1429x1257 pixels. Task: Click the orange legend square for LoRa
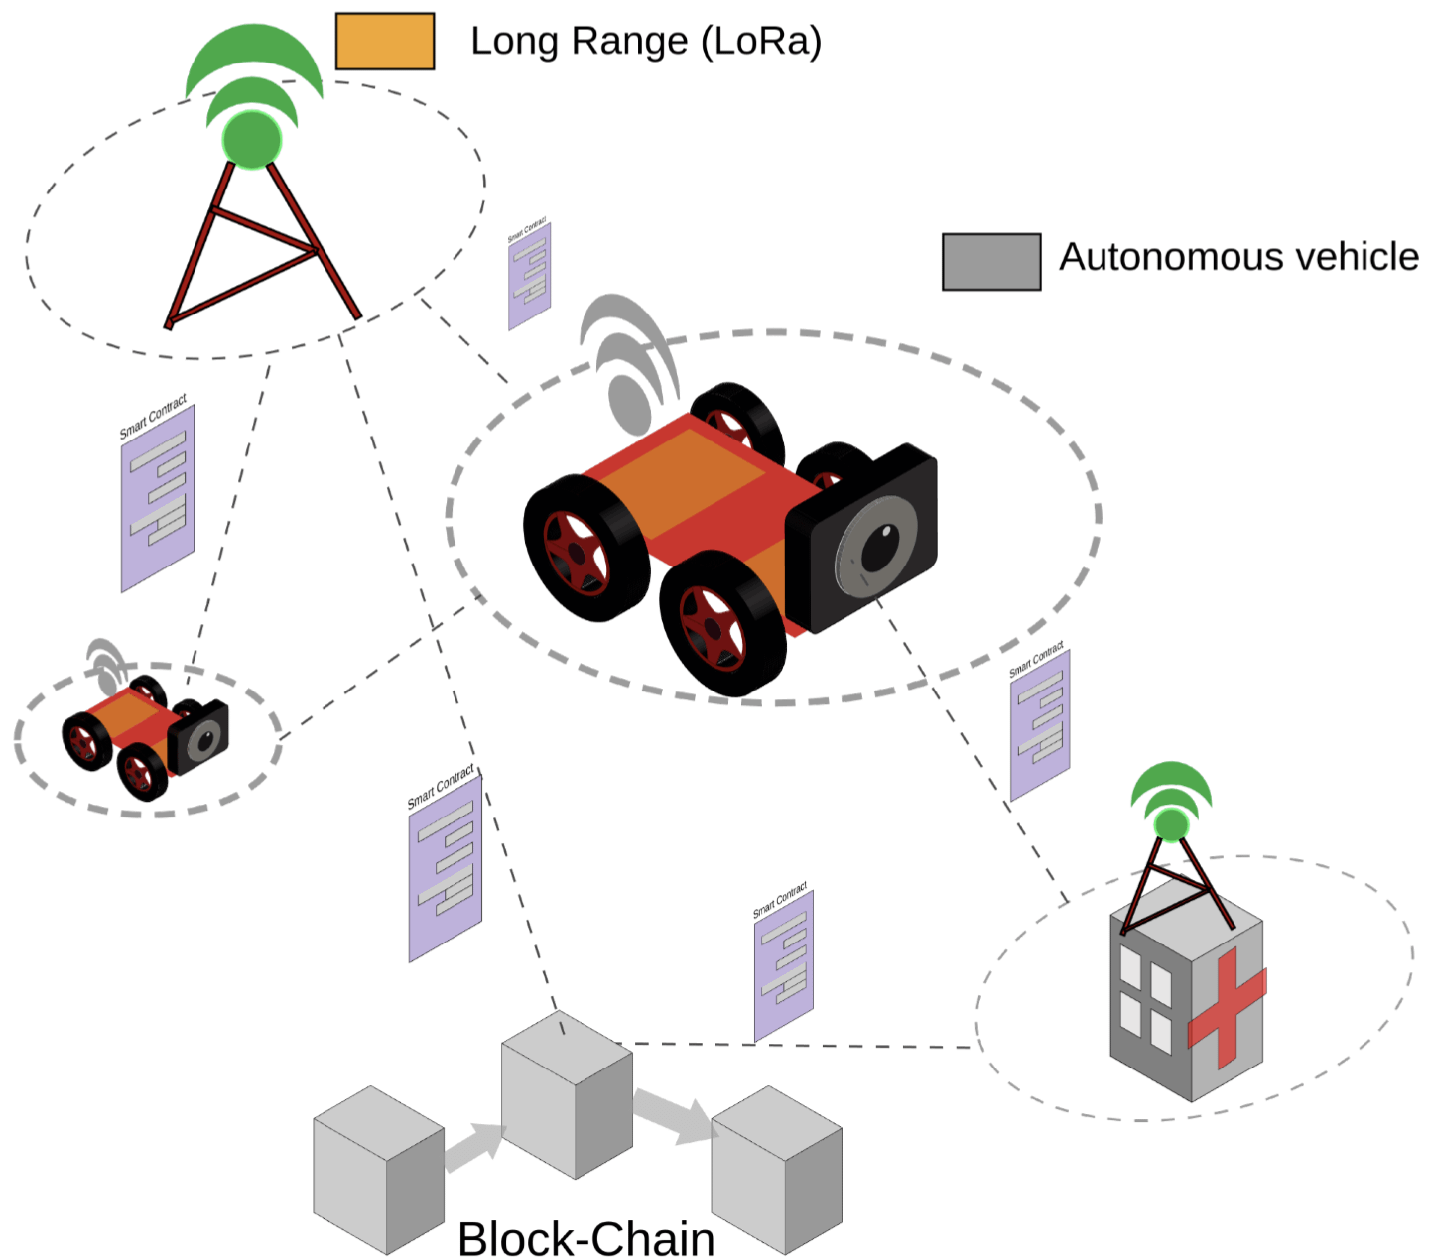[384, 42]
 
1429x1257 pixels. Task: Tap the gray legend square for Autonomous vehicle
[990, 262]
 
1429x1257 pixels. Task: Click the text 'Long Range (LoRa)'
[646, 42]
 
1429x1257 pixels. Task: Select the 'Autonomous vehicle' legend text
[1238, 257]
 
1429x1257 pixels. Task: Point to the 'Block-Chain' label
[585, 1238]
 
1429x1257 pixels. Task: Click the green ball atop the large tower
[252, 139]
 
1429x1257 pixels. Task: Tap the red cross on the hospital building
[1227, 1007]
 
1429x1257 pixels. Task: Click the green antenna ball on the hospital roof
[1171, 824]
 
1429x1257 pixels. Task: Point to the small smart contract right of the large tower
[529, 276]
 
